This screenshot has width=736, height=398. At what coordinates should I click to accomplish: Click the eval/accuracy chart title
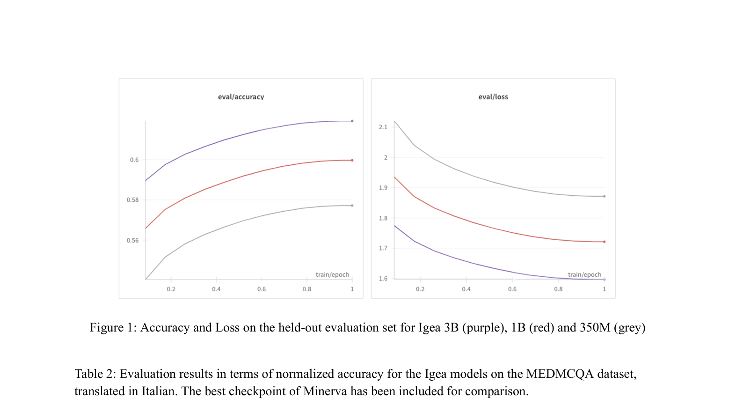[x=241, y=97]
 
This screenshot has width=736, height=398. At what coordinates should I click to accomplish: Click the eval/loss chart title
[x=493, y=97]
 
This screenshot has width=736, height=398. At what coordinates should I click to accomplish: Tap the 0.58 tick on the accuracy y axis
[x=132, y=200]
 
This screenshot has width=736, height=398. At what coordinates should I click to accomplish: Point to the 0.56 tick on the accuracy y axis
[x=132, y=241]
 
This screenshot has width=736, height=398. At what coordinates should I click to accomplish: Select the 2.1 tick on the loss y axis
[x=383, y=127]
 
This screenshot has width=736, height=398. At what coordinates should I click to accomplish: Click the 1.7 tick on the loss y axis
[x=383, y=248]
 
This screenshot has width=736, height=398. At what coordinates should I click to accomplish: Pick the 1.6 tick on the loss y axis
[x=383, y=279]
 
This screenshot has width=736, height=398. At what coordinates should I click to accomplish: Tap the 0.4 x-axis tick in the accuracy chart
[x=216, y=289]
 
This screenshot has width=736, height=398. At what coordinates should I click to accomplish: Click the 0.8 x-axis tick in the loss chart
[x=558, y=289]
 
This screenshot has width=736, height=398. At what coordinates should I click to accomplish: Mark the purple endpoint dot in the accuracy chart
[x=352, y=121]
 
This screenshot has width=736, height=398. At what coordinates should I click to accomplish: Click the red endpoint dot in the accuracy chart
[x=352, y=160]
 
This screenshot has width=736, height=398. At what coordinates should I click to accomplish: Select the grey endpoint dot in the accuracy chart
[x=352, y=206]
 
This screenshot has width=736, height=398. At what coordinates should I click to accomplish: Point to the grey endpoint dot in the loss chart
[x=604, y=196]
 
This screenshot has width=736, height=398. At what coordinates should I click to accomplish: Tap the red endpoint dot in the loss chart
[x=604, y=242]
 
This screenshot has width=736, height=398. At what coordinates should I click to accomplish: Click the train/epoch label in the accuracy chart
[x=332, y=275]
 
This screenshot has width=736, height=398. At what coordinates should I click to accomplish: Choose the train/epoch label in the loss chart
[x=584, y=275]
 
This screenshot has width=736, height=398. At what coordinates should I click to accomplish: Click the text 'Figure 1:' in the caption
[x=113, y=328]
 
